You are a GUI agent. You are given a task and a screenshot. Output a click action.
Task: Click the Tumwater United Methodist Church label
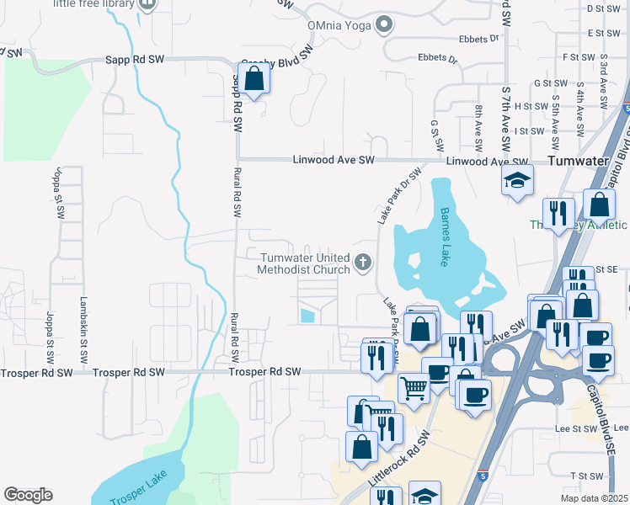[304, 263]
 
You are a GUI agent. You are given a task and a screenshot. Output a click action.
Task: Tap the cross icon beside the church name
[364, 263]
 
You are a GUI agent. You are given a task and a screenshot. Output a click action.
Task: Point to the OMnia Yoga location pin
[385, 24]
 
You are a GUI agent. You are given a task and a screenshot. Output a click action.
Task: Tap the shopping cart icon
[414, 389]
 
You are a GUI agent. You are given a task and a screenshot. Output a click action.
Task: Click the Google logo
[28, 495]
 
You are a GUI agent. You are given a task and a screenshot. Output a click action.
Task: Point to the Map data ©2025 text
[594, 499]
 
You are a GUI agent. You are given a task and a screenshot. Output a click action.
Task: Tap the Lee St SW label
[576, 428]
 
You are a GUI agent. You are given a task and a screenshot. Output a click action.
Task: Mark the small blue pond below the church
[307, 316]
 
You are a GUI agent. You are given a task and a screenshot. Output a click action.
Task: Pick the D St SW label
[602, 8]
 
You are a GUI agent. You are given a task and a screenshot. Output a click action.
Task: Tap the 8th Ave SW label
[478, 122]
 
